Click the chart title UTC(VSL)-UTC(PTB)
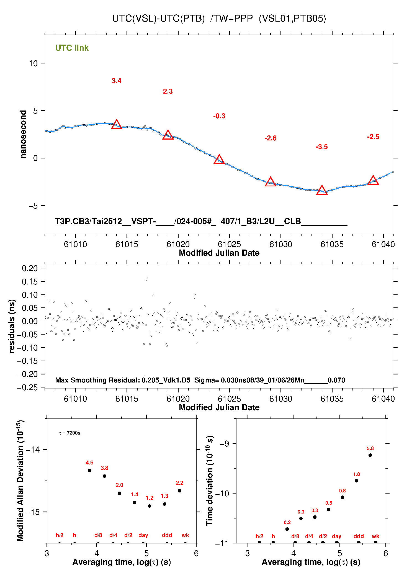click(x=158, y=19)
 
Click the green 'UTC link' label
click(x=72, y=48)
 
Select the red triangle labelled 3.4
click(x=117, y=125)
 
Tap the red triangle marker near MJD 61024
click(x=219, y=160)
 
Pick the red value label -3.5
click(x=322, y=147)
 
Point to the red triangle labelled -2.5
click(x=373, y=180)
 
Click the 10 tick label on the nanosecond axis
click(x=33, y=63)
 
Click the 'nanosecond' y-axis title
click(x=23, y=134)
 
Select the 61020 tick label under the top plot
click(x=178, y=244)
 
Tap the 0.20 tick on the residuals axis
click(x=30, y=268)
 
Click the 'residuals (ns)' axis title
click(x=12, y=326)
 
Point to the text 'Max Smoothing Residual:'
click(x=98, y=380)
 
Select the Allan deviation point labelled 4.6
click(x=89, y=471)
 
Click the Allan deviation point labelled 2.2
click(x=179, y=491)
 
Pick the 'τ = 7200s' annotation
click(x=70, y=433)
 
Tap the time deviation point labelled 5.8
click(x=370, y=455)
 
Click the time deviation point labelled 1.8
click(x=356, y=481)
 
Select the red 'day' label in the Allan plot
click(x=143, y=535)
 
